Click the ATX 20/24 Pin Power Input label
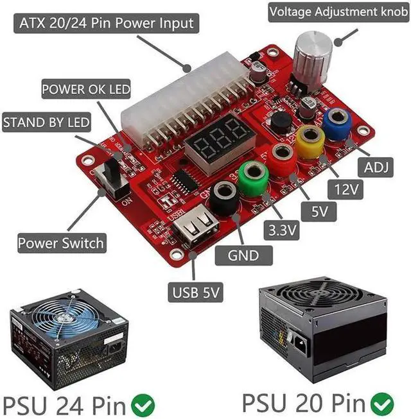coord(106,24)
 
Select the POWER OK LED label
coord(86,89)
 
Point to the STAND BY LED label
coord(47,121)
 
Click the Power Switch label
coord(60,243)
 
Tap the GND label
coord(243,255)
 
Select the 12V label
coord(346,189)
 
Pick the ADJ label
coord(377,168)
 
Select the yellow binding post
coord(310,137)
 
